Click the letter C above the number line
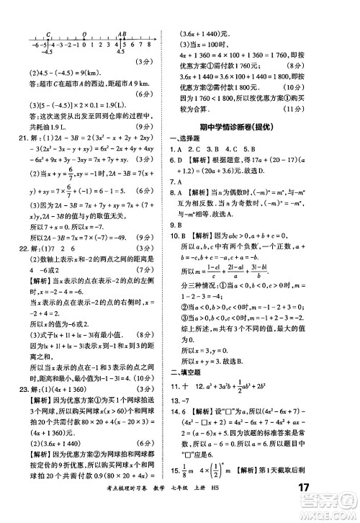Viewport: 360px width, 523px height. tap(47, 33)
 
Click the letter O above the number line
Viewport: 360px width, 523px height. tap(85, 33)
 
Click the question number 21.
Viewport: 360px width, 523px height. tap(12, 138)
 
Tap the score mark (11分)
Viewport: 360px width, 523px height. tap(333, 113)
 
